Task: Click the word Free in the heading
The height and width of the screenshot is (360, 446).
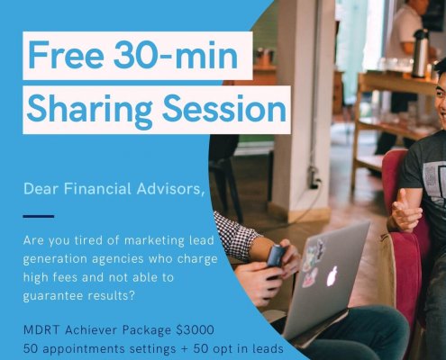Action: click(66, 56)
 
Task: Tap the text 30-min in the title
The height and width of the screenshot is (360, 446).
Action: click(176, 56)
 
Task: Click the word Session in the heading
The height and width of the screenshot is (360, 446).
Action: click(224, 108)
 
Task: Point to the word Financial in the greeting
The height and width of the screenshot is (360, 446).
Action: click(97, 189)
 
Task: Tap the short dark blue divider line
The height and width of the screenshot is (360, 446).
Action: click(39, 216)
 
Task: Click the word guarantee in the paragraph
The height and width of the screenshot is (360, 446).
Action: click(53, 296)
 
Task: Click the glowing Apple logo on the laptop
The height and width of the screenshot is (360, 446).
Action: click(332, 275)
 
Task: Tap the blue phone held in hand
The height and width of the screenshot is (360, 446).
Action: click(276, 256)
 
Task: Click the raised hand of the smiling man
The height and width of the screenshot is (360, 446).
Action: click(406, 211)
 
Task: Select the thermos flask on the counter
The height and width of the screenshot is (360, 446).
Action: click(420, 53)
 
